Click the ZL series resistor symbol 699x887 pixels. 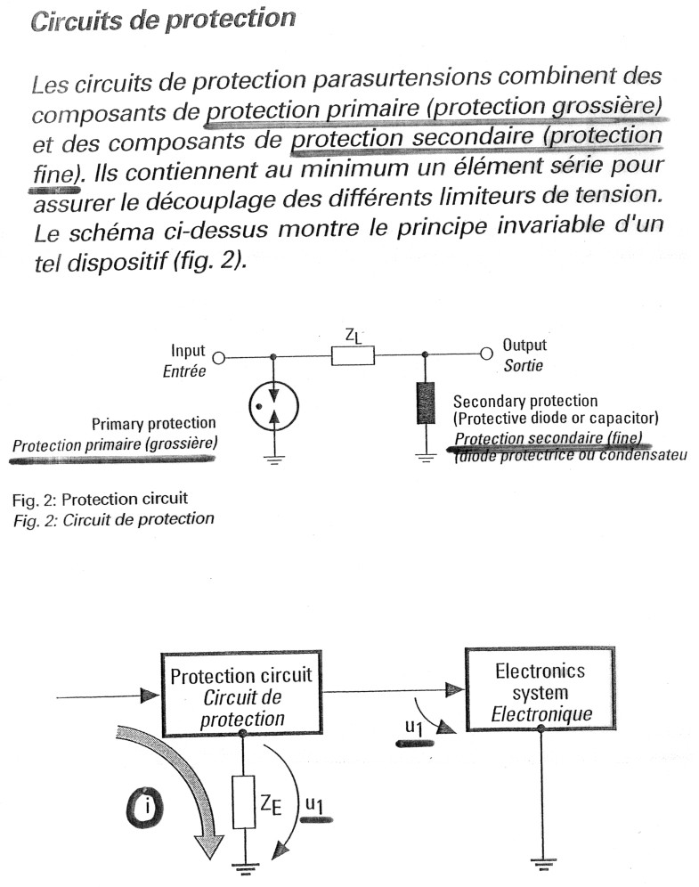pos(352,356)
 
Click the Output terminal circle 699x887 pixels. pos(486,354)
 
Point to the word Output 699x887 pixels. pos(525,346)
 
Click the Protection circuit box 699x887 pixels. pos(241,692)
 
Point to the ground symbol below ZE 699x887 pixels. pos(241,865)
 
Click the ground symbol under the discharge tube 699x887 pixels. pos(272,460)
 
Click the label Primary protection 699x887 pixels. pos(153,423)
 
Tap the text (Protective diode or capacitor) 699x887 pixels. pos(555,419)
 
